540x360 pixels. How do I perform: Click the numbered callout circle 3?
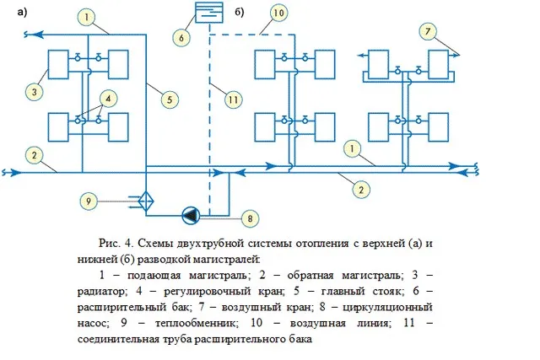[x=35, y=91]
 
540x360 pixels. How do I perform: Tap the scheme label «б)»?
[x=241, y=11]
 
